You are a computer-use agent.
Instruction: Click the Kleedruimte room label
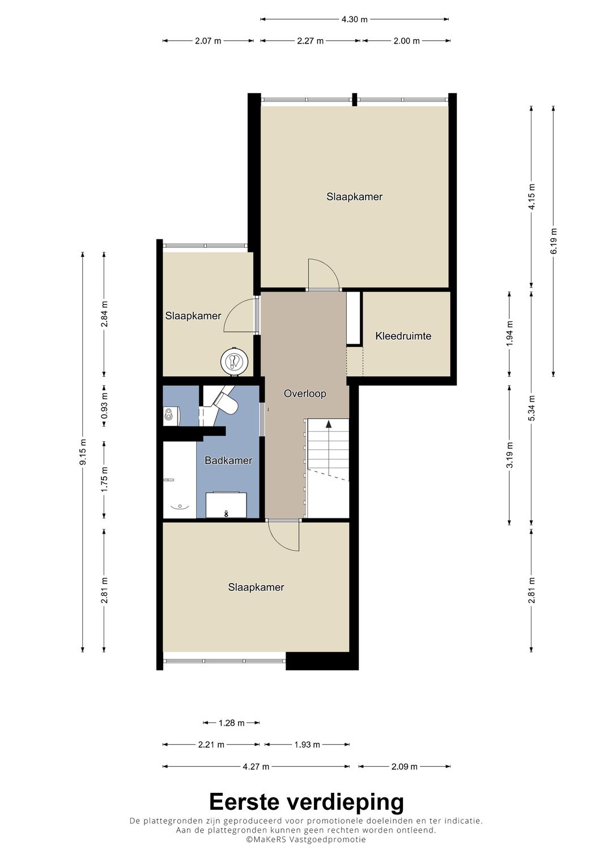[403, 336]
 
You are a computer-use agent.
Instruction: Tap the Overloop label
[305, 394]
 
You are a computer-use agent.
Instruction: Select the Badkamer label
[228, 460]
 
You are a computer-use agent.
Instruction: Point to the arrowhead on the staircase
[329, 424]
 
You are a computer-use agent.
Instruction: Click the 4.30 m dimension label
[354, 19]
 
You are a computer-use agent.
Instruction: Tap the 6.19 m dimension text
[553, 241]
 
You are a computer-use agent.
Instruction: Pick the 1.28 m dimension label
[231, 723]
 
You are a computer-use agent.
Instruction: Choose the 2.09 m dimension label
[404, 767]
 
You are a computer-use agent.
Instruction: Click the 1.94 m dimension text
[509, 333]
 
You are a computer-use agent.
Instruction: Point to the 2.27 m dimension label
[311, 41]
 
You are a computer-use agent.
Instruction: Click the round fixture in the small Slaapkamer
[235, 361]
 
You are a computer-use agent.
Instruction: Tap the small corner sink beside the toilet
[169, 415]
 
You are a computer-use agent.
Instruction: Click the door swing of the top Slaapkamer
[324, 273]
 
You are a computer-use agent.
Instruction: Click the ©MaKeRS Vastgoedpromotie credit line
[305, 851]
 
